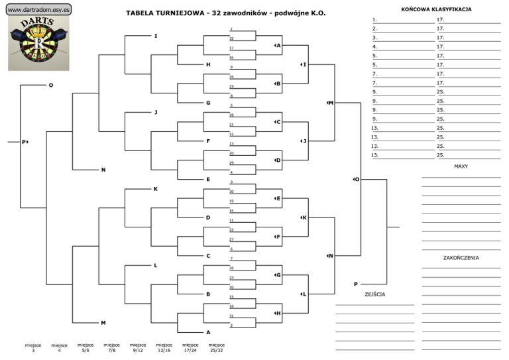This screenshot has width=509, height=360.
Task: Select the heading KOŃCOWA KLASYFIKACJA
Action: [x=437, y=10]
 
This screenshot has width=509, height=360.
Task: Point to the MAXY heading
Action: [x=461, y=166]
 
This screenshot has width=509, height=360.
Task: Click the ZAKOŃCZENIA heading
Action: [x=461, y=258]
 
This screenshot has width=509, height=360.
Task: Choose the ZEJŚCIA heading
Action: [x=374, y=294]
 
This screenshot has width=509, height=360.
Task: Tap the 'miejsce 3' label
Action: [x=33, y=347]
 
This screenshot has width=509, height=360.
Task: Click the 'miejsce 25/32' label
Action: [x=216, y=347]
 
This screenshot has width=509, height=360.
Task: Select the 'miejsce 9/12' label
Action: [x=138, y=347]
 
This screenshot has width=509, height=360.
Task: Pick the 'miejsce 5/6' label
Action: [x=85, y=347]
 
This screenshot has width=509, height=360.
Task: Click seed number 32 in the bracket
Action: [x=231, y=38]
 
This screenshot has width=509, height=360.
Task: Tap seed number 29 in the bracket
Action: [x=231, y=162]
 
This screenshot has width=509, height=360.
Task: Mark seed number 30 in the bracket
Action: [x=231, y=191]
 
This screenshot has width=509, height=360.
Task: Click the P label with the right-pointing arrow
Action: [x=25, y=142]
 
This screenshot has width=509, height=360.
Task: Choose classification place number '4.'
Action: [x=375, y=46]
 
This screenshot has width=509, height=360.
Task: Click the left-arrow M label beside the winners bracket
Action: [x=329, y=103]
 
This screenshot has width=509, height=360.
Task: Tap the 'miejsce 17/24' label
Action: [x=190, y=347]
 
